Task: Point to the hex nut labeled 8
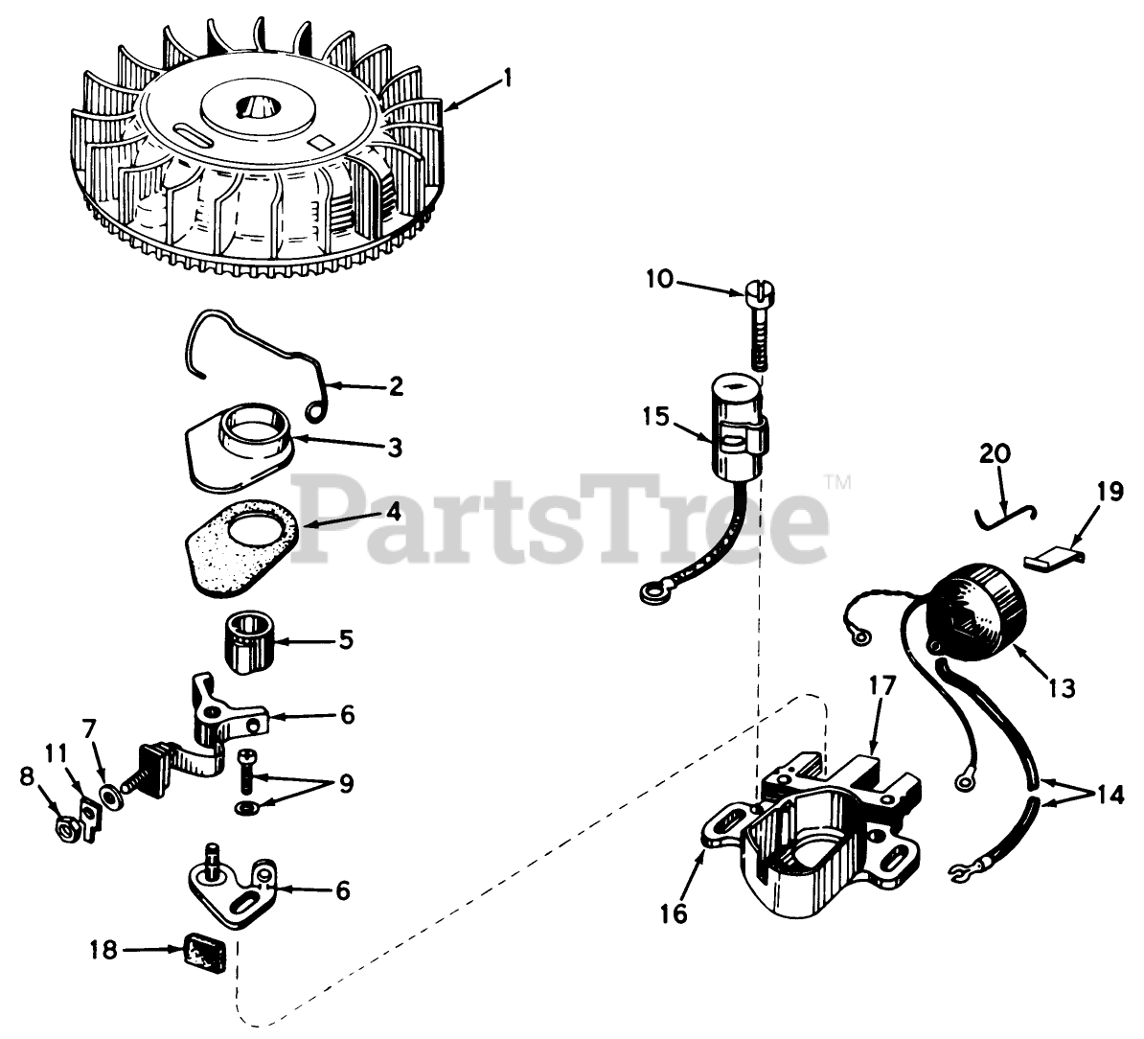(66, 823)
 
